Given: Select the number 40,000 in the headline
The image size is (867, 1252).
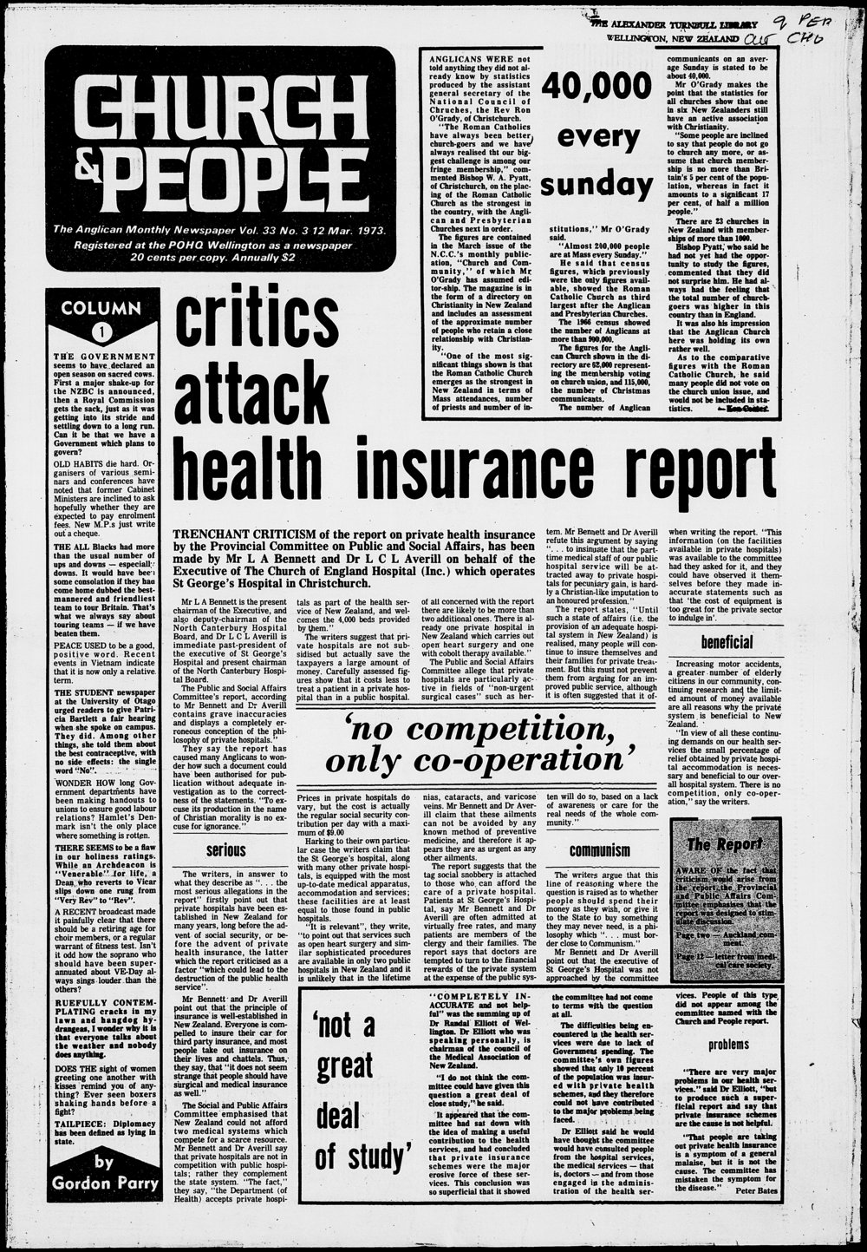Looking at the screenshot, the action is [x=596, y=87].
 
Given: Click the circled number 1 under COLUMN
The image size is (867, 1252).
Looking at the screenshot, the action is [x=102, y=331].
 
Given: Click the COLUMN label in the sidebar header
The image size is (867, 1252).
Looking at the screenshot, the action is [x=102, y=308].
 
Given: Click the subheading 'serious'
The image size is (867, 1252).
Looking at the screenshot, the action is [x=225, y=851].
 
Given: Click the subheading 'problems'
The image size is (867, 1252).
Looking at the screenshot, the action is [x=727, y=1045].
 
